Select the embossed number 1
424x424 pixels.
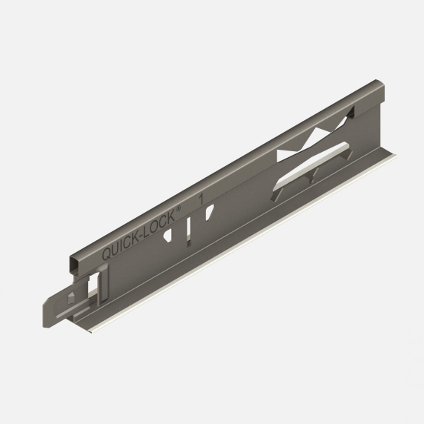pos(202,199)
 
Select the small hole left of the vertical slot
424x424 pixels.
pos(170,235)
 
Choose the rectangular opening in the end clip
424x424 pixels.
pos(95,284)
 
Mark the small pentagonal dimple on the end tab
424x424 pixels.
pos(72,297)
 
